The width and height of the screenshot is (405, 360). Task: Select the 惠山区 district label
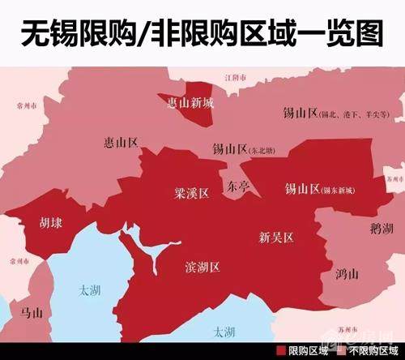(x=122, y=143)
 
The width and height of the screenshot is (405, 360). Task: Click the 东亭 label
(x=238, y=186)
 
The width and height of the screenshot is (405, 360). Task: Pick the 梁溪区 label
(x=191, y=194)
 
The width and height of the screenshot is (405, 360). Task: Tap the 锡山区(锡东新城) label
(x=319, y=190)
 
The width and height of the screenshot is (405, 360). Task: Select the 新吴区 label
(x=275, y=238)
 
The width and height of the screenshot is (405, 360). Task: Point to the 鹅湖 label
(x=380, y=229)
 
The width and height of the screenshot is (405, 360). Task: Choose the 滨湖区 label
(x=202, y=267)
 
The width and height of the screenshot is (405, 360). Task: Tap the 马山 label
(x=31, y=311)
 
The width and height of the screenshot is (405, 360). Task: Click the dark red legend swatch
(x=281, y=351)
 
